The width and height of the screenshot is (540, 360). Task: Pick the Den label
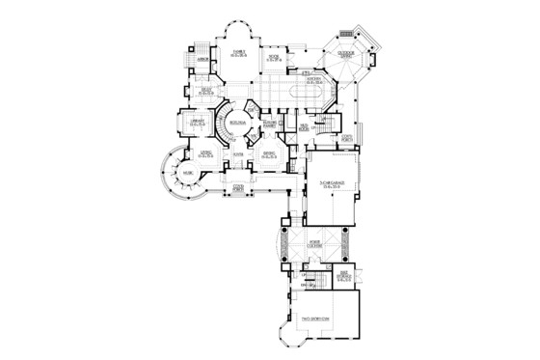[206, 91]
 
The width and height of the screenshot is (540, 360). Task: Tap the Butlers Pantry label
[271, 124]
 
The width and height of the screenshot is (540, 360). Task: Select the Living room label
[205, 153]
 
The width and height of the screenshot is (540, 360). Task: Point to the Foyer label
[238, 153]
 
